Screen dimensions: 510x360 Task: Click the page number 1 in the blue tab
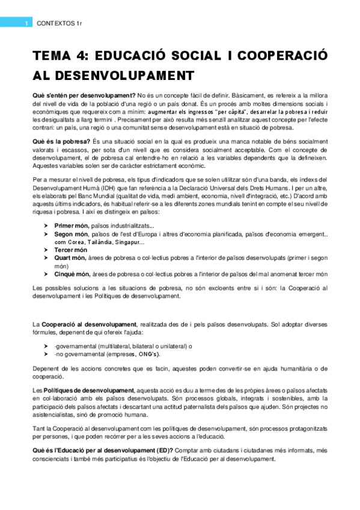[x=26, y=23]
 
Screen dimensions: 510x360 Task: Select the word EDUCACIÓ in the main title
[x=137, y=55]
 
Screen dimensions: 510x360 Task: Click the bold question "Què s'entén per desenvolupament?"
[x=84, y=96]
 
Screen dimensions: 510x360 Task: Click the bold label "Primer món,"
[x=72, y=225]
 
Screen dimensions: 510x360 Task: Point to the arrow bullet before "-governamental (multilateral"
[x=46, y=346]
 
